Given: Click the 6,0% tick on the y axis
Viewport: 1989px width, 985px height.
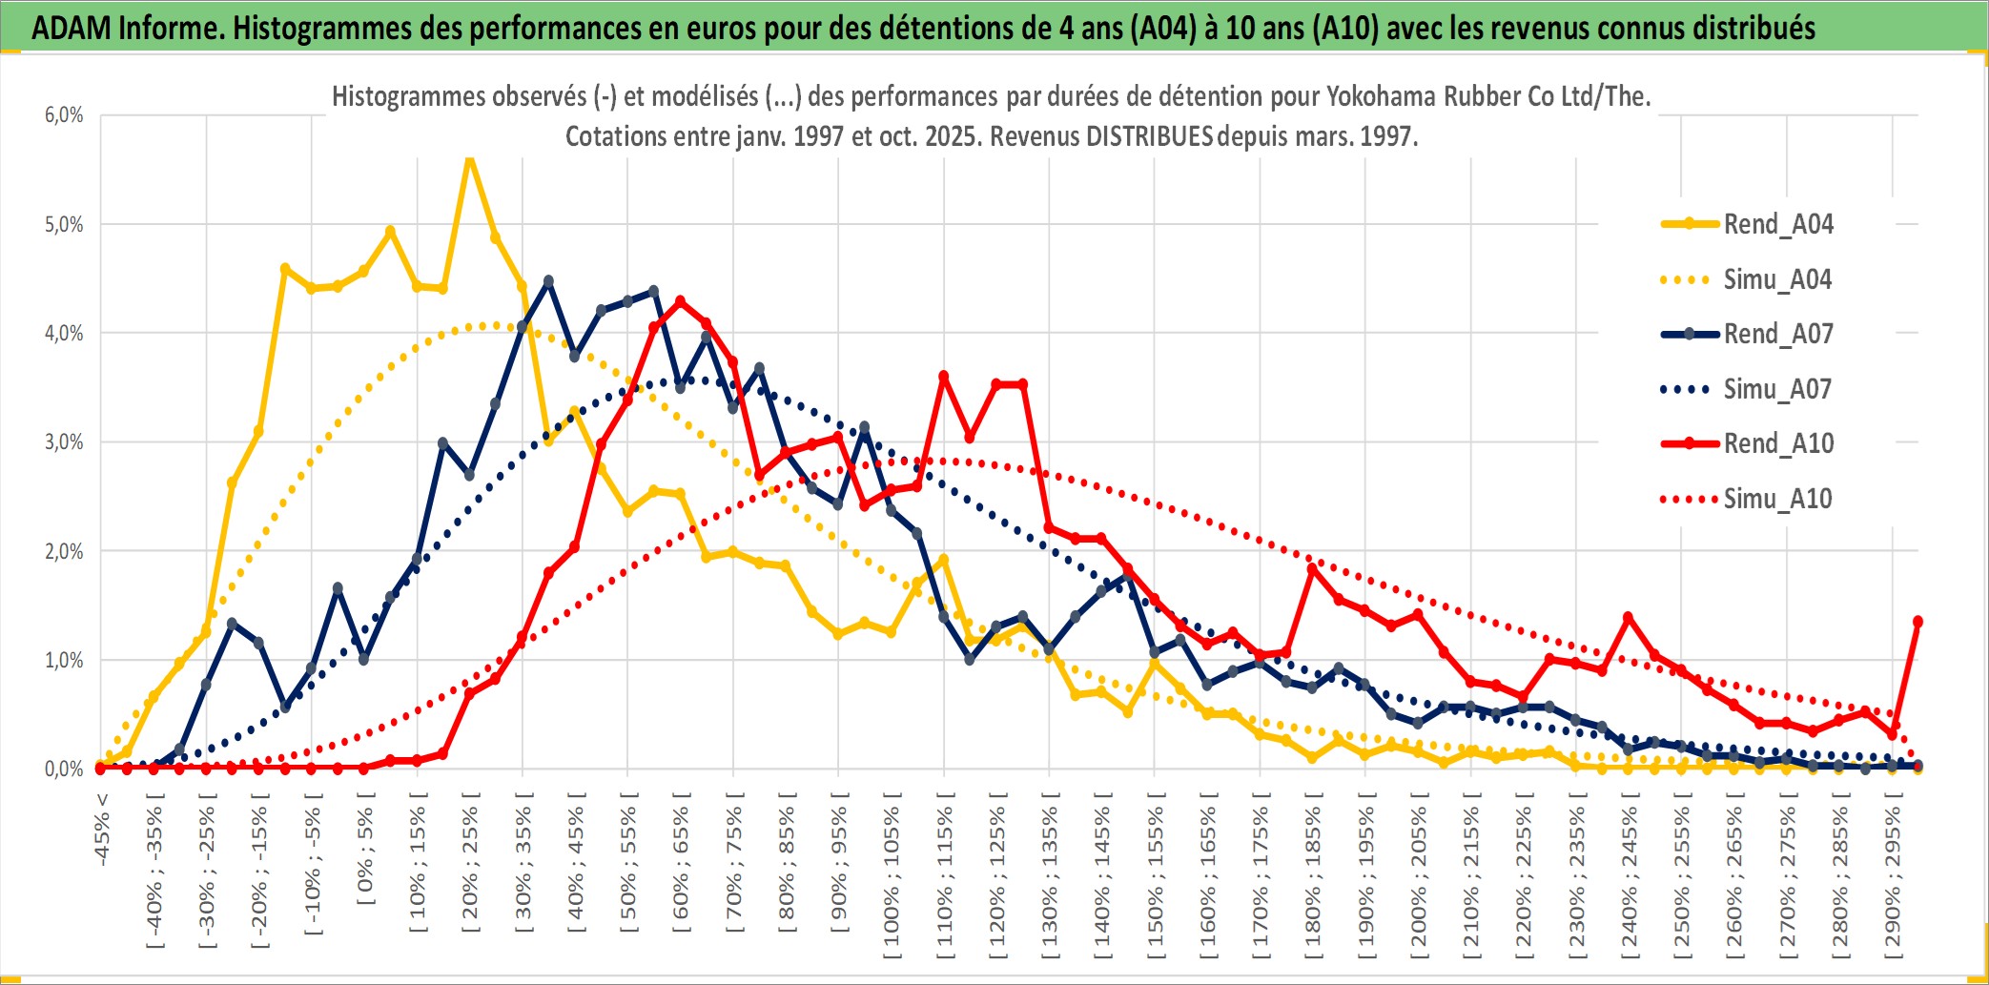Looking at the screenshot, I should (x=64, y=115).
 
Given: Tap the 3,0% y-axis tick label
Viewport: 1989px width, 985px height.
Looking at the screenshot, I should (x=64, y=442).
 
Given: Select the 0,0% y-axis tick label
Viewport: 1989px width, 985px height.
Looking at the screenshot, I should (x=64, y=769).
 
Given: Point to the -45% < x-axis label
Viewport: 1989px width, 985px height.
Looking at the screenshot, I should (x=102, y=830).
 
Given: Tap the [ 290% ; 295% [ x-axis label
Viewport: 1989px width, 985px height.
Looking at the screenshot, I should (x=1893, y=877).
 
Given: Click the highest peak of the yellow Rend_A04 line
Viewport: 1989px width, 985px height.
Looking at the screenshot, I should (x=469, y=159).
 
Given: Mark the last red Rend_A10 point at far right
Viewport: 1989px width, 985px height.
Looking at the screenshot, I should (x=1917, y=622).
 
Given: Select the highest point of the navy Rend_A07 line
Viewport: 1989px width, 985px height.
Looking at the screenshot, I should (x=548, y=281).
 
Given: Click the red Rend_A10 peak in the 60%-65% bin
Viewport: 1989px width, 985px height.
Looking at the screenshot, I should (x=680, y=301).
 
